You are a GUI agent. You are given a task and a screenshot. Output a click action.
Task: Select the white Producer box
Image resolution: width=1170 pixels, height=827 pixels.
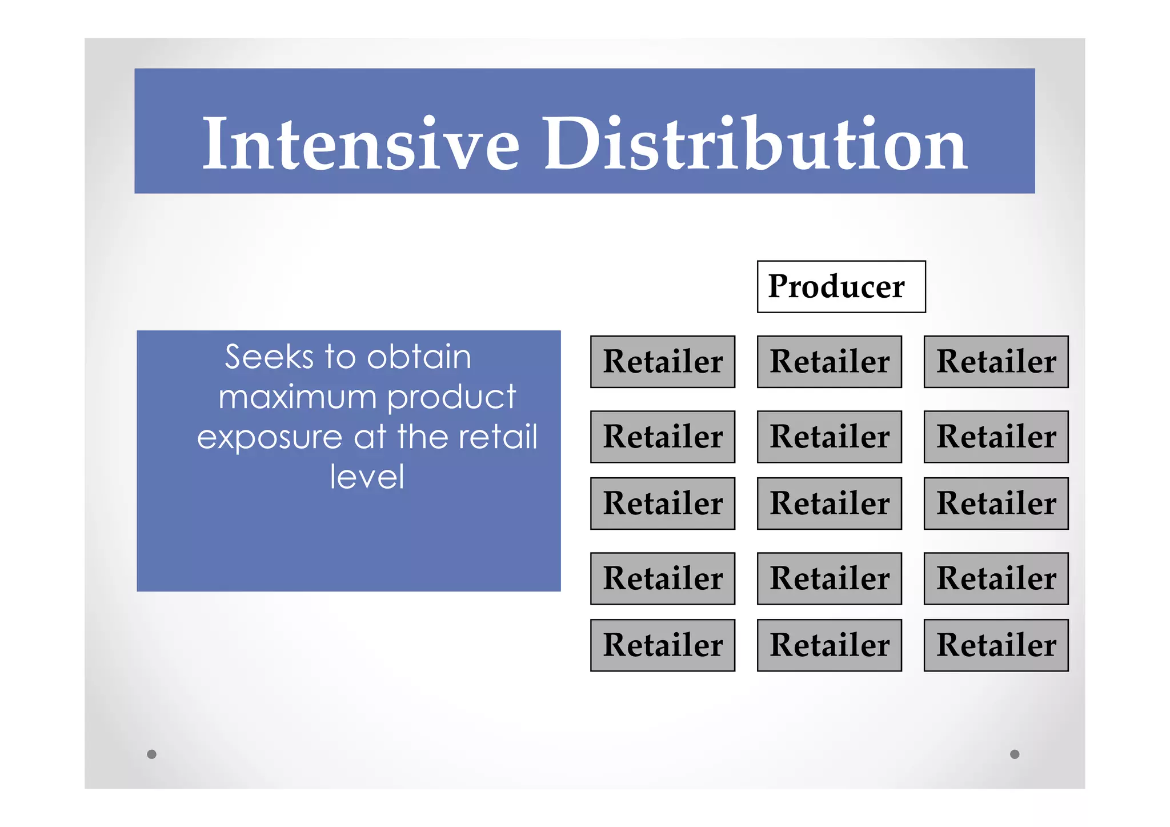tap(841, 287)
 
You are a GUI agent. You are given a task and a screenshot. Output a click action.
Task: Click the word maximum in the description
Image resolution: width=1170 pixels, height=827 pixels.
tap(297, 397)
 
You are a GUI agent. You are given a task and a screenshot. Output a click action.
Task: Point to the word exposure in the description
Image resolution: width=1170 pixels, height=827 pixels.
tap(269, 438)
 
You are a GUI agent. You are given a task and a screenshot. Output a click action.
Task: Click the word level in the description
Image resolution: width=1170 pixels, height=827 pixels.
tap(367, 477)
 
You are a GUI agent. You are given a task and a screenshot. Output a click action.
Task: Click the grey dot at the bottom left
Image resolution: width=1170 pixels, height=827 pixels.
tap(151, 754)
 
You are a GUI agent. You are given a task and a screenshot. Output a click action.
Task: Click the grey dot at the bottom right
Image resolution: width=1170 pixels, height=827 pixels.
tap(1015, 754)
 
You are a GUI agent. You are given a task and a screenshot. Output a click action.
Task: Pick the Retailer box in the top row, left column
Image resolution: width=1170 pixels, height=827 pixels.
tap(663, 362)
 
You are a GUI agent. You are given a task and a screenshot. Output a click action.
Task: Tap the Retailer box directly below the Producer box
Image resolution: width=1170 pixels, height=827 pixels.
tap(829, 362)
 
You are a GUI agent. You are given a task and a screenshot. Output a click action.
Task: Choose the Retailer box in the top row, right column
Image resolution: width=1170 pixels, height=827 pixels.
tap(996, 362)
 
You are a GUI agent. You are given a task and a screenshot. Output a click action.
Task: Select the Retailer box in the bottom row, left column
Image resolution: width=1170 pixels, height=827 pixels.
tap(663, 645)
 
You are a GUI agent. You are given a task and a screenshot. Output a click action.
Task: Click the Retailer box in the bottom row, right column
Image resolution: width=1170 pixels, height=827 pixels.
tap(996, 645)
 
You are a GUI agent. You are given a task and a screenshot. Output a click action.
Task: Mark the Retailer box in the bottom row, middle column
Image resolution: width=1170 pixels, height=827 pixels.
tap(829, 645)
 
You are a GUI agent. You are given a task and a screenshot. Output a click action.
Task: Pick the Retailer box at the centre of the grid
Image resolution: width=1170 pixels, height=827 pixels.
tap(829, 504)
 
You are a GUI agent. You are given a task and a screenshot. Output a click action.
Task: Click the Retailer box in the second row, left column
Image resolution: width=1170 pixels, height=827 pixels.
tap(663, 437)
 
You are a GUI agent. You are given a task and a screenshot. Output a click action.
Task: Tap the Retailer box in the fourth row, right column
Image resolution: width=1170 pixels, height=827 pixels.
tap(996, 578)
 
